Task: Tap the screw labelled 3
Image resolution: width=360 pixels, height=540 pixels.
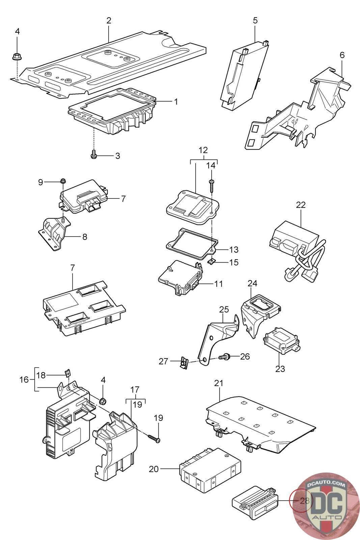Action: (94, 155)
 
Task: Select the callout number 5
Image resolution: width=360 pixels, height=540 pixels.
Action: (255, 20)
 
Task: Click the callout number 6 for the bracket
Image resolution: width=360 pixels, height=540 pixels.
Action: (342, 55)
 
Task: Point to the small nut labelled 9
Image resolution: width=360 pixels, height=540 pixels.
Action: (62, 182)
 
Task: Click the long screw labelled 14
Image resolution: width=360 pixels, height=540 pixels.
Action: (211, 186)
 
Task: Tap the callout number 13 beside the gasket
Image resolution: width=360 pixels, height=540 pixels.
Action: (233, 250)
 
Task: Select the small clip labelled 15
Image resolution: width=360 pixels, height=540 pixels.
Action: (211, 261)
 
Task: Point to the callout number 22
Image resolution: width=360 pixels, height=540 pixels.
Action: (301, 205)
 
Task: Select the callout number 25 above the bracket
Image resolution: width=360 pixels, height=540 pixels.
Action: (224, 309)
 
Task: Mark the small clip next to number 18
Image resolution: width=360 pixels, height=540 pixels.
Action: (67, 373)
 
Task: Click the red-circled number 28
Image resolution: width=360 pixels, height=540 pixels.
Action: (304, 501)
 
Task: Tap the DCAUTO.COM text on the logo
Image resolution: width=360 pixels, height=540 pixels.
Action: (326, 485)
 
